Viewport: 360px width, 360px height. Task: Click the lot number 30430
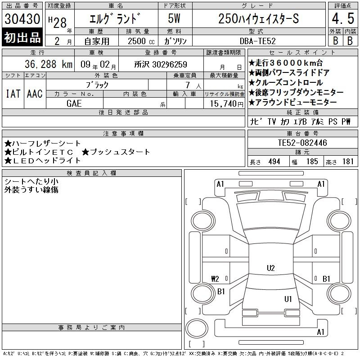point(22,19)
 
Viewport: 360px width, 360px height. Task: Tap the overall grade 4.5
point(343,18)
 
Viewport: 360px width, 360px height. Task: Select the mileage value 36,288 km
point(49,64)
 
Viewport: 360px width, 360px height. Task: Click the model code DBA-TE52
point(257,41)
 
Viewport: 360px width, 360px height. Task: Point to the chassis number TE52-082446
point(302,143)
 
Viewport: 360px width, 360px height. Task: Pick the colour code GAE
point(74,103)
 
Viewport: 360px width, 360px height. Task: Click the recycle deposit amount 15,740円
point(226,104)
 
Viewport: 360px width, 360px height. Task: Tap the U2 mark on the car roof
point(271,268)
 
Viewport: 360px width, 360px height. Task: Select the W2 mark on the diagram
point(215,279)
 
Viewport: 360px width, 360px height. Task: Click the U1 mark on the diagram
point(288,299)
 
